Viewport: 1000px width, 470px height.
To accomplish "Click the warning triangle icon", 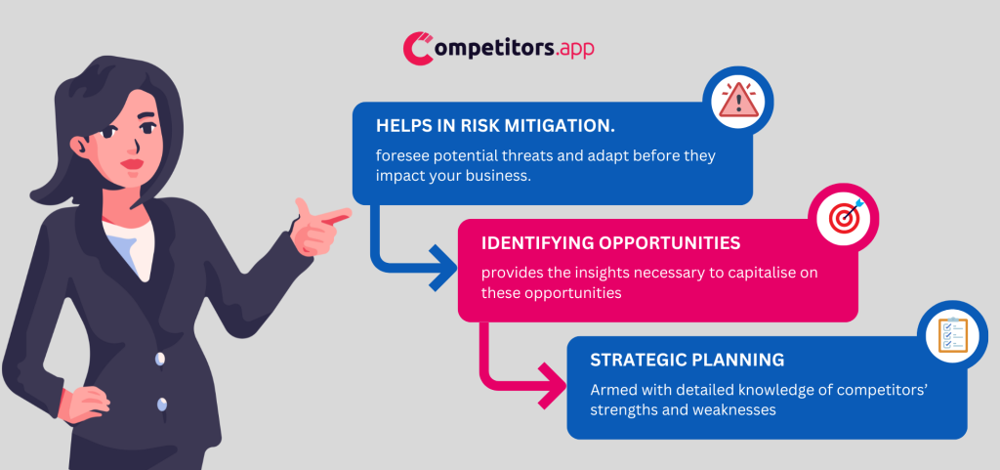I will coord(739,100).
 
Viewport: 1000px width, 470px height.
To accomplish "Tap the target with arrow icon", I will coord(847,217).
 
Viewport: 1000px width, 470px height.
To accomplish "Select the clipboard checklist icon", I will coord(952,334).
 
